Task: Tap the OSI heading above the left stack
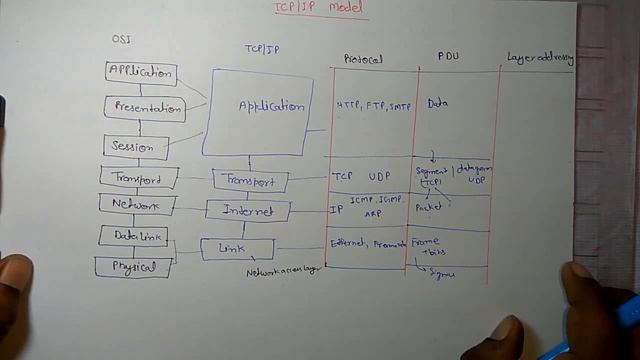(120, 39)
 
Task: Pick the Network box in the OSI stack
(136, 205)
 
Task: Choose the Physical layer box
(133, 267)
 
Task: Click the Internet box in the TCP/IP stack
(248, 211)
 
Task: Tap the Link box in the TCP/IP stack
(237, 248)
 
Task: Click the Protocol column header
(363, 59)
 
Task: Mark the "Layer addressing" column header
(540, 58)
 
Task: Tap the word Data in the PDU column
(437, 103)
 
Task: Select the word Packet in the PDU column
(428, 208)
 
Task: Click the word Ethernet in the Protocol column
(349, 244)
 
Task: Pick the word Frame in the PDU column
(425, 242)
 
